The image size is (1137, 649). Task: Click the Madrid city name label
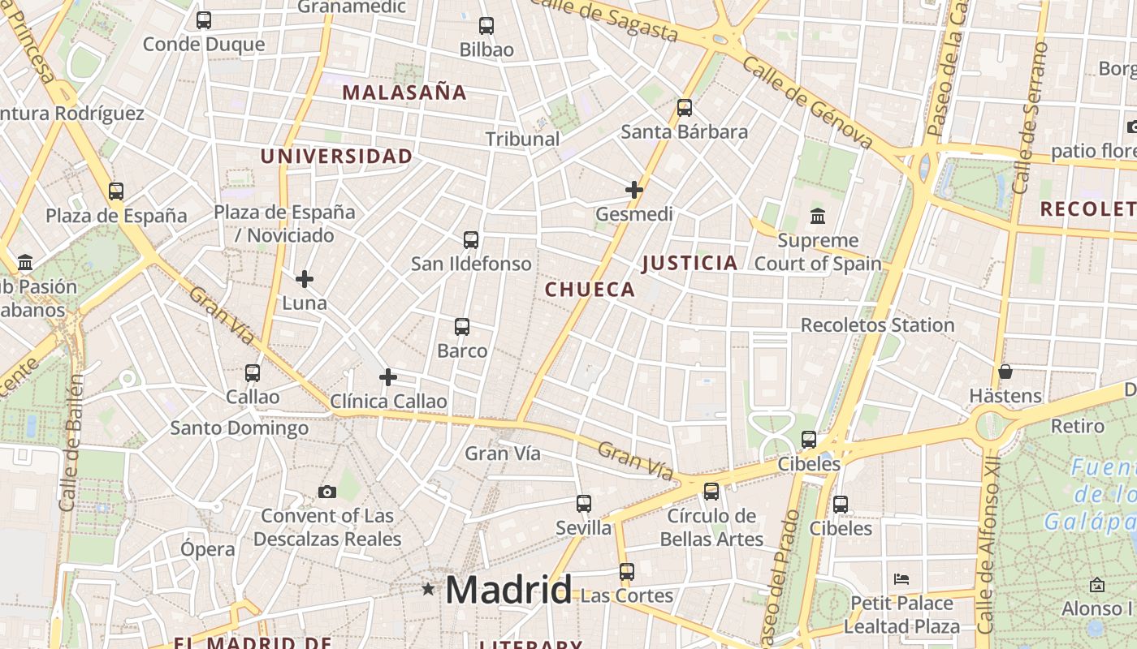[x=508, y=590]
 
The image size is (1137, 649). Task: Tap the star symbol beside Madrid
[x=428, y=589]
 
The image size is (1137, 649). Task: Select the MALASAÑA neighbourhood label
[x=404, y=92]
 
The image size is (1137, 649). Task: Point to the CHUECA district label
[x=590, y=290]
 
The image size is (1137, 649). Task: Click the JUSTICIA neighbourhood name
[x=690, y=263]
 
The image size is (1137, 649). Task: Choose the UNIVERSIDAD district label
[x=336, y=157]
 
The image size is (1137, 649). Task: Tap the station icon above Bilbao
[x=486, y=26]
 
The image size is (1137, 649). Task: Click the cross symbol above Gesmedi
[x=634, y=191]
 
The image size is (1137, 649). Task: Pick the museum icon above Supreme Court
[x=818, y=217]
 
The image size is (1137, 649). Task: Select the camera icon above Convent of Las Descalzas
[x=327, y=492]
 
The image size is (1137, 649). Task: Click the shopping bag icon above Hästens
[x=1005, y=372]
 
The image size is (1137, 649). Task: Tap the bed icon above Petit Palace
[x=901, y=579]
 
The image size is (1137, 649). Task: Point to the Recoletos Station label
[x=877, y=325]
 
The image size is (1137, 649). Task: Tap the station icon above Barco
[x=462, y=327]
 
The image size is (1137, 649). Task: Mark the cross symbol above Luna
[x=305, y=279]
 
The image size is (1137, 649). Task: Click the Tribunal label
[x=522, y=139]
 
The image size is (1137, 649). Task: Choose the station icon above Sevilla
[x=584, y=504]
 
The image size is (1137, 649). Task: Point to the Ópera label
[x=208, y=549]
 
